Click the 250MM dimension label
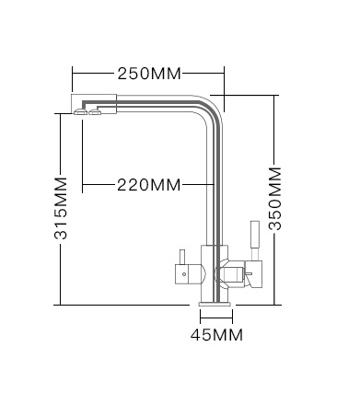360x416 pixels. [149, 74]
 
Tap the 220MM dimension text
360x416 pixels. [149, 185]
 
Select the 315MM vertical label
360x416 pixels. [61, 208]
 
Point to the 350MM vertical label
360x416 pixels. [274, 199]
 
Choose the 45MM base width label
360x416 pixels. [216, 334]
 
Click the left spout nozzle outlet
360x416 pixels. [80, 112]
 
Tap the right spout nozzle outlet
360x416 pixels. [95, 112]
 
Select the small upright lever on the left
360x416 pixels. [181, 257]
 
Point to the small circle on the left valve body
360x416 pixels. [184, 274]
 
